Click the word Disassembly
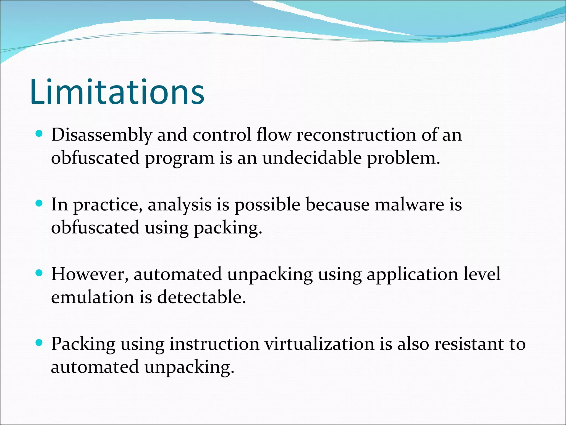coord(101,135)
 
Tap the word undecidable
coord(312,158)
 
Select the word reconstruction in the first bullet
coord(356,135)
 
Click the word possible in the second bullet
coord(267,205)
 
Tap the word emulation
coord(93,297)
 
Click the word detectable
coord(201,297)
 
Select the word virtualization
coord(319,344)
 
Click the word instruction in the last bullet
coord(214,344)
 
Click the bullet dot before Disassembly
coord(39,134)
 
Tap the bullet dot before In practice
coord(39,204)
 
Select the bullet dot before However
coord(39,273)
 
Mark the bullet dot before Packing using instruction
coord(39,343)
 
